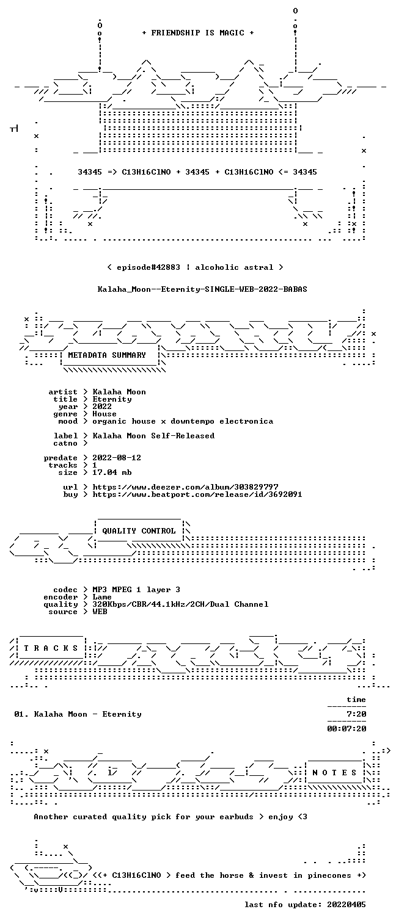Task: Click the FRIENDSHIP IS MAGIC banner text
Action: [x=198, y=33]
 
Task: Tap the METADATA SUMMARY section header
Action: [x=107, y=355]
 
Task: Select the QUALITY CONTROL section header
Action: [x=139, y=531]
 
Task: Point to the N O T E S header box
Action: [x=334, y=773]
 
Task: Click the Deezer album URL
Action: [x=185, y=487]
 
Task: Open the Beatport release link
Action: [x=197, y=494]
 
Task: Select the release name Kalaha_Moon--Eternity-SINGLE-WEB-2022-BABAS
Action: [x=202, y=289]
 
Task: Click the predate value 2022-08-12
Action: [x=117, y=458]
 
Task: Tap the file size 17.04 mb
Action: [x=112, y=472]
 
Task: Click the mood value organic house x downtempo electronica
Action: [x=183, y=422]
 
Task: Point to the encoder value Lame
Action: [x=102, y=597]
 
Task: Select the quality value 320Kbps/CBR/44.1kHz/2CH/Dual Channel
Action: [x=180, y=604]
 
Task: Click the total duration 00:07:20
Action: [x=346, y=729]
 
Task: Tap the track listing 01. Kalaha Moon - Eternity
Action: [x=78, y=714]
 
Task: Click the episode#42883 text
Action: [x=148, y=267]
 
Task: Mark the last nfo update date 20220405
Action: [x=346, y=905]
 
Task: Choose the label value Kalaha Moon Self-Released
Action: [x=153, y=436]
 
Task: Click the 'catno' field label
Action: [x=65, y=443]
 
